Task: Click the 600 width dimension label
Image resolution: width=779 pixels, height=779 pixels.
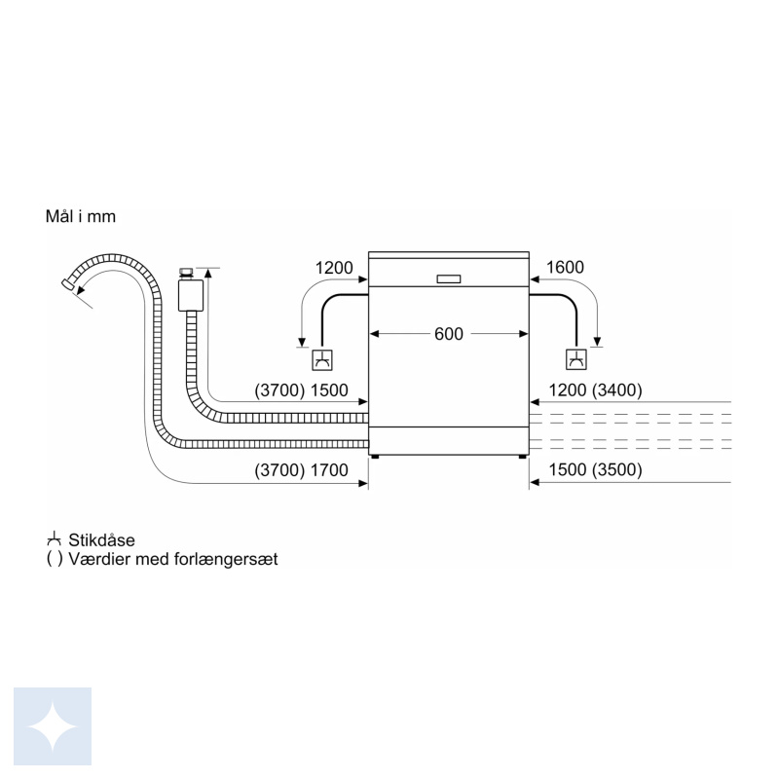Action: pos(449,334)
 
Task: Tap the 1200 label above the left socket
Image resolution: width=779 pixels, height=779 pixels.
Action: pos(334,268)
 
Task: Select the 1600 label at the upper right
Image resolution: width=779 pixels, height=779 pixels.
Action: pos(565,267)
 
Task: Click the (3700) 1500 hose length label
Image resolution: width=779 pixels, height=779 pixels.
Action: pos(301,390)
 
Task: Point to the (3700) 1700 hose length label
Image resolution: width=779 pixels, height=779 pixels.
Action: pos(301,470)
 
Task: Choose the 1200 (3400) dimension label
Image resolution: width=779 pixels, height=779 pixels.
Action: pos(595,390)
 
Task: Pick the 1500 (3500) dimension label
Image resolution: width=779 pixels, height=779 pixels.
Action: pos(595,470)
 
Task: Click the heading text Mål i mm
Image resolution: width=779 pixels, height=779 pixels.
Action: pos(81,216)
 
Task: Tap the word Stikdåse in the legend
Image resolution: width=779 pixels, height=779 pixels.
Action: pos(102,540)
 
